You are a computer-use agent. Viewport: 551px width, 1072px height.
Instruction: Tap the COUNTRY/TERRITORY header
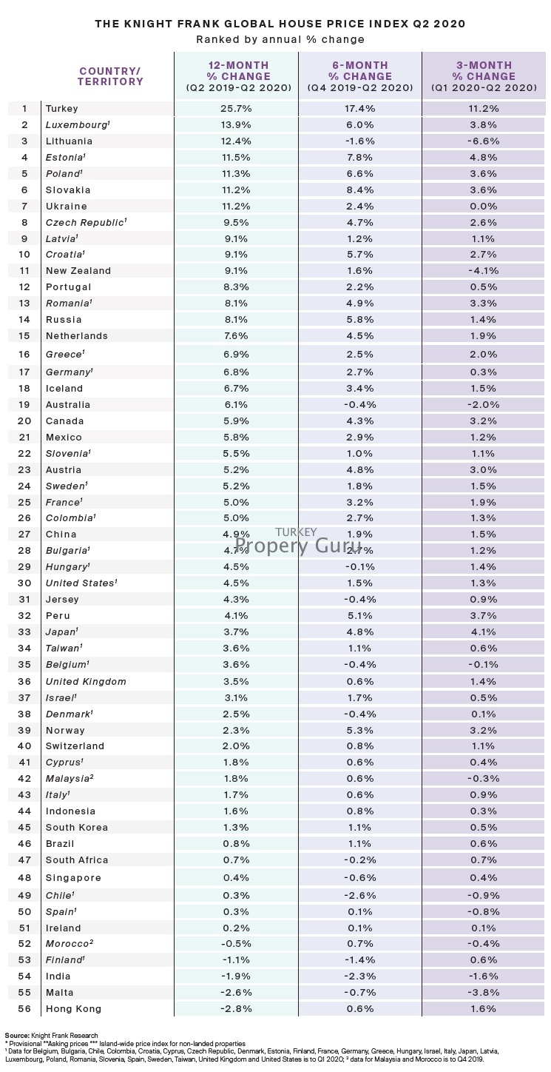111,76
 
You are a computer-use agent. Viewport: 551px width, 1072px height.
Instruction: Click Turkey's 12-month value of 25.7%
237,109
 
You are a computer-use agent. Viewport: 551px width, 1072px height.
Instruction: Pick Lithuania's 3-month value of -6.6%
485,141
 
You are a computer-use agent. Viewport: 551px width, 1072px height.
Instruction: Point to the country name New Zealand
78,271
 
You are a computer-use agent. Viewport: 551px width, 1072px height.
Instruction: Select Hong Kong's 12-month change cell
237,1009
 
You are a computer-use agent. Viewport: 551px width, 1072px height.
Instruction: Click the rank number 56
24,1009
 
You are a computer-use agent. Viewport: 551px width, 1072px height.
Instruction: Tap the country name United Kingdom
86,682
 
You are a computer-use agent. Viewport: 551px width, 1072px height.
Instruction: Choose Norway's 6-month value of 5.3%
361,731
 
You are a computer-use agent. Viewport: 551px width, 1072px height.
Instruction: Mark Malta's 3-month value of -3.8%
485,993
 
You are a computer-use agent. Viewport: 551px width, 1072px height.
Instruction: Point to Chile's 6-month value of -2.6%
361,895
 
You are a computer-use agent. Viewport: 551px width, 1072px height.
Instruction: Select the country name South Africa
77,860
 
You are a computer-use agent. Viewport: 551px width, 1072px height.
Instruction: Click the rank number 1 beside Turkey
24,109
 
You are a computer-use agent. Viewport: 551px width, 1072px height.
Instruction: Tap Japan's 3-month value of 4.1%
485,632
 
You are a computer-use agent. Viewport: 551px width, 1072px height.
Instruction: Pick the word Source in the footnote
16,1035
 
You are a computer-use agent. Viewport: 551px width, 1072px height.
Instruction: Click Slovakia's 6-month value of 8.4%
361,190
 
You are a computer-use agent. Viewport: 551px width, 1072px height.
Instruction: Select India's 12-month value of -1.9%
237,976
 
